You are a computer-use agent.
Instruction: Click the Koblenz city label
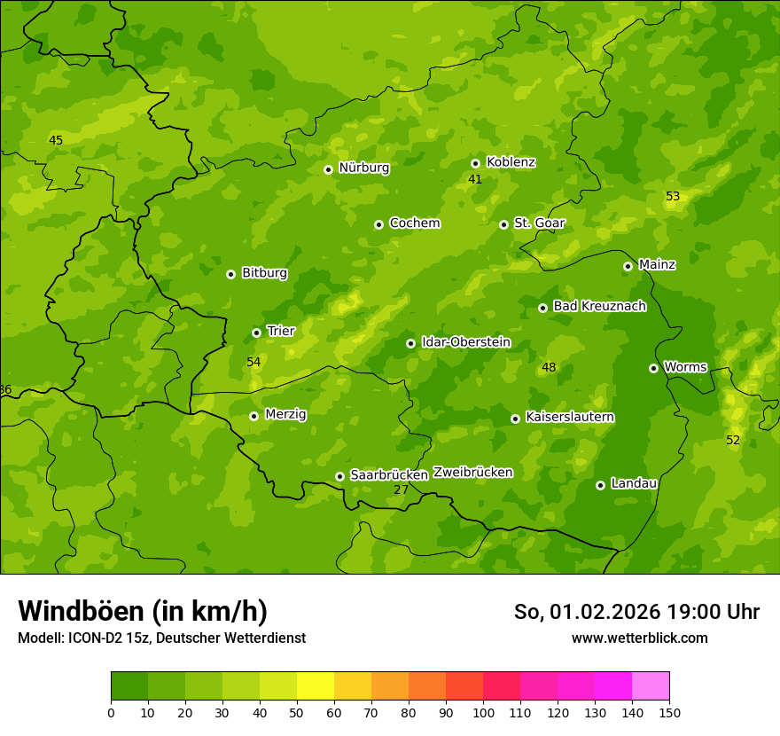pos(511,162)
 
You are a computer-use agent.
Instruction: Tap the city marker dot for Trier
pos(257,333)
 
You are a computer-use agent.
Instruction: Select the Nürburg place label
pos(363,168)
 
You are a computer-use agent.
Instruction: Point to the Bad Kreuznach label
pos(599,306)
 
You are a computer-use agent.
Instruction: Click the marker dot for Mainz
pos(628,266)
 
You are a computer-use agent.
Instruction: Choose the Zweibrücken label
pos(472,472)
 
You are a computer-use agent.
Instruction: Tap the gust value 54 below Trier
pos(253,362)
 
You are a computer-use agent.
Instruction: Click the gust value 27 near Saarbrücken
pos(401,489)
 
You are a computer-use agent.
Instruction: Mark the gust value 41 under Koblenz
pos(475,179)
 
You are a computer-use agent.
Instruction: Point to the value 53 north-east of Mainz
pos(673,196)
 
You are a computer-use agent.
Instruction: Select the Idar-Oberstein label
pos(466,341)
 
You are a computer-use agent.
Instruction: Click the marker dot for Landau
pos(600,485)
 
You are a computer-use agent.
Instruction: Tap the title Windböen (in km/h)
pos(143,611)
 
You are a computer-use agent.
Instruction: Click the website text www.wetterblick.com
pos(639,638)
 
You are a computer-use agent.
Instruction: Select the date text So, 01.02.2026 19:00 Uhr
pos(636,612)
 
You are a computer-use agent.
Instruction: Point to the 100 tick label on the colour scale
pos(483,712)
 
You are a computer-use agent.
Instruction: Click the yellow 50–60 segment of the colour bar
pos(316,686)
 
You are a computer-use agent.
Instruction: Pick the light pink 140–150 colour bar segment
pos(651,686)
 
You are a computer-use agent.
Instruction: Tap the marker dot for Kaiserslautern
pos(515,419)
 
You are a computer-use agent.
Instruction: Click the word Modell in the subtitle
pos(39,638)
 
